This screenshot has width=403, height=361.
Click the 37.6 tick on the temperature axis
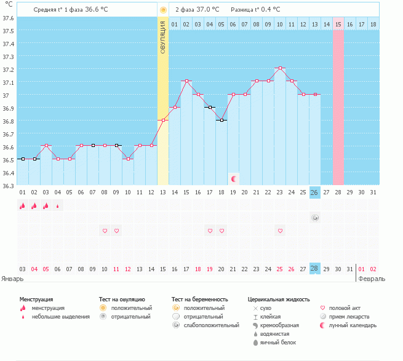(8, 18)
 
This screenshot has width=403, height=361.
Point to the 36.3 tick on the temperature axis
(8, 185)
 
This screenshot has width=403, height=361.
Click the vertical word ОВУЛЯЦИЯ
(163, 37)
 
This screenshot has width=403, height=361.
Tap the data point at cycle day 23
(280, 68)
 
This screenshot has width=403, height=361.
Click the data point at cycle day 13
(163, 120)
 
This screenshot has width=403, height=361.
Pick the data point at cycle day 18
(221, 120)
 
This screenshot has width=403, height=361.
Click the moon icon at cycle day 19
(234, 178)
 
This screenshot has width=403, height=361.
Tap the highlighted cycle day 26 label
(314, 192)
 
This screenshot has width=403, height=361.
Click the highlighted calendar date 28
(314, 269)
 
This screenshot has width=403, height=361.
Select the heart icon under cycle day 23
(280, 231)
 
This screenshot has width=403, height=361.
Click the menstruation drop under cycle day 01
(22, 206)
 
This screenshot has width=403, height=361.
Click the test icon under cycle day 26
(314, 218)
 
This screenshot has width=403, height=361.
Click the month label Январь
(13, 279)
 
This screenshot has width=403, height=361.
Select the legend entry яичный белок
(279, 342)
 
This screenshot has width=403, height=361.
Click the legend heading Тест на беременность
(204, 299)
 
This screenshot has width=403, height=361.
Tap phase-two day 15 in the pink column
(338, 24)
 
